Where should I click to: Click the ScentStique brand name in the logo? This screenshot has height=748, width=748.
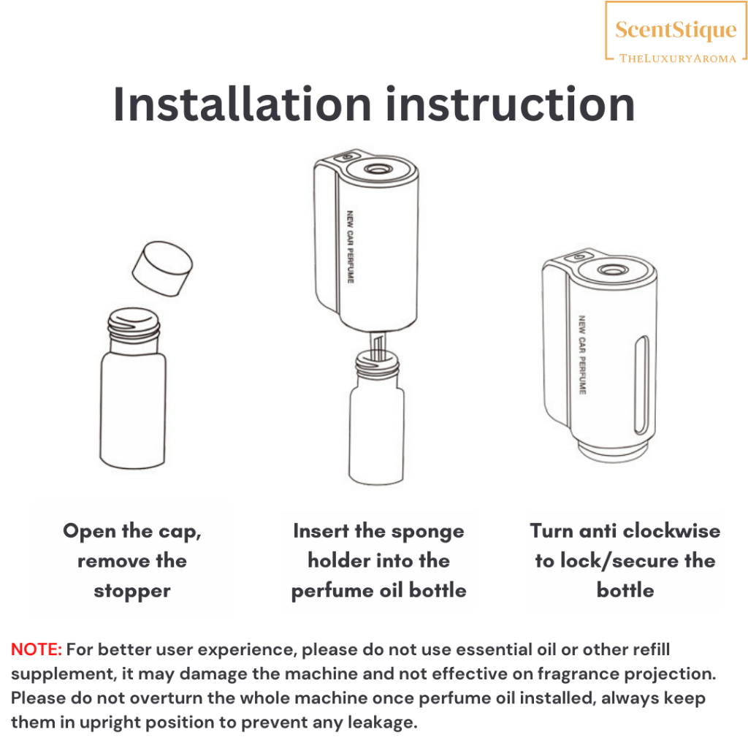click(x=676, y=30)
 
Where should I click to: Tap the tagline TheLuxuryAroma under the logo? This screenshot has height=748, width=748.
click(x=677, y=58)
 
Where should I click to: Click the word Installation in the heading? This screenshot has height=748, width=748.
click(x=243, y=104)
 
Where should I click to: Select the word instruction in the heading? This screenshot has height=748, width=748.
click(x=511, y=104)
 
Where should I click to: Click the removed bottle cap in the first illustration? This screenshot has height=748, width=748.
click(x=162, y=268)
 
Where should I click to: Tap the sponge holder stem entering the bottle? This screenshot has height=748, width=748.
click(x=378, y=346)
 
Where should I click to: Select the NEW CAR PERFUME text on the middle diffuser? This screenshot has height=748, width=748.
click(x=350, y=247)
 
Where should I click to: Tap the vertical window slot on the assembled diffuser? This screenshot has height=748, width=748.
click(x=641, y=385)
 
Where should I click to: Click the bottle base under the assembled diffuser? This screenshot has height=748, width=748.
click(x=614, y=451)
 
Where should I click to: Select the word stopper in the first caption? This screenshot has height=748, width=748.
click(x=132, y=592)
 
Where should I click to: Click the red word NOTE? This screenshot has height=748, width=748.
click(x=37, y=649)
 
